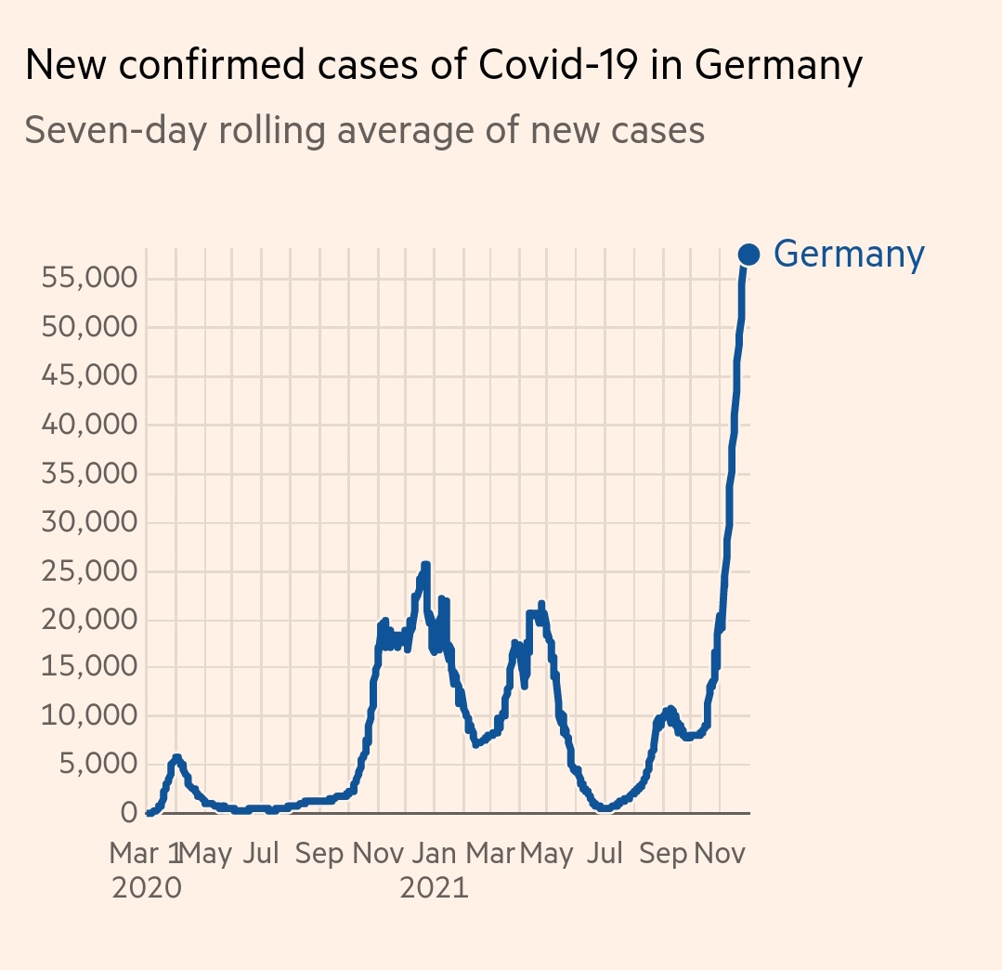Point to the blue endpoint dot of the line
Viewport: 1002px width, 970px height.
point(748,254)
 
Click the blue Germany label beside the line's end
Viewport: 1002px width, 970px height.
point(849,254)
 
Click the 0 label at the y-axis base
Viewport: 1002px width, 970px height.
point(129,814)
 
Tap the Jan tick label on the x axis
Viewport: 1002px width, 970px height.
point(434,854)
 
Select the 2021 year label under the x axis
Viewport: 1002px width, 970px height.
point(434,888)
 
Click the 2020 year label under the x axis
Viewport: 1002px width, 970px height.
point(146,888)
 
